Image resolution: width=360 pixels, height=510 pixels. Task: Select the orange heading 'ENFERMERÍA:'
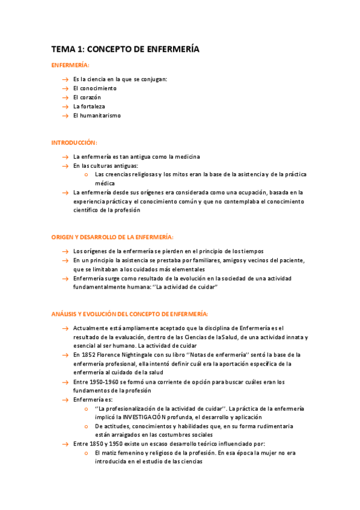(70, 65)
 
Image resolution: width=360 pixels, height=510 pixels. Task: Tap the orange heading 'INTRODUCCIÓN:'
(74, 143)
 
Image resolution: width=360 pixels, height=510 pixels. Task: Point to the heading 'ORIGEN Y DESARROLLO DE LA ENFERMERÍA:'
(112, 237)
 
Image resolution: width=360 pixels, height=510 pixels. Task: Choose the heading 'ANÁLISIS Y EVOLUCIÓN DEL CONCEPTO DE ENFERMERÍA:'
(130, 314)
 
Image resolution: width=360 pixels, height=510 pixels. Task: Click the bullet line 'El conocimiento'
(94, 88)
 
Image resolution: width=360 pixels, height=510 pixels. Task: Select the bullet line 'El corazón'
(87, 97)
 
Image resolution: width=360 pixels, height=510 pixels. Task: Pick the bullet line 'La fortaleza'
(89, 106)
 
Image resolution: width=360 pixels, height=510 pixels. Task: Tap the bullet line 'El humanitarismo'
(97, 115)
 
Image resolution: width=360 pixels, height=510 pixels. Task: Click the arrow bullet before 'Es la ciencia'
(64, 79)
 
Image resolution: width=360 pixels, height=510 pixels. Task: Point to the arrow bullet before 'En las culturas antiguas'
(64, 165)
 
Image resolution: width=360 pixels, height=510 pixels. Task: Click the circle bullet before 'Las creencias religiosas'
(87, 174)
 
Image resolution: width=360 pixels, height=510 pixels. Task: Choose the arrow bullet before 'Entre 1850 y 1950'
(64, 444)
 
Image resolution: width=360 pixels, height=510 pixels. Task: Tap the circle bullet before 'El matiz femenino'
(87, 453)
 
